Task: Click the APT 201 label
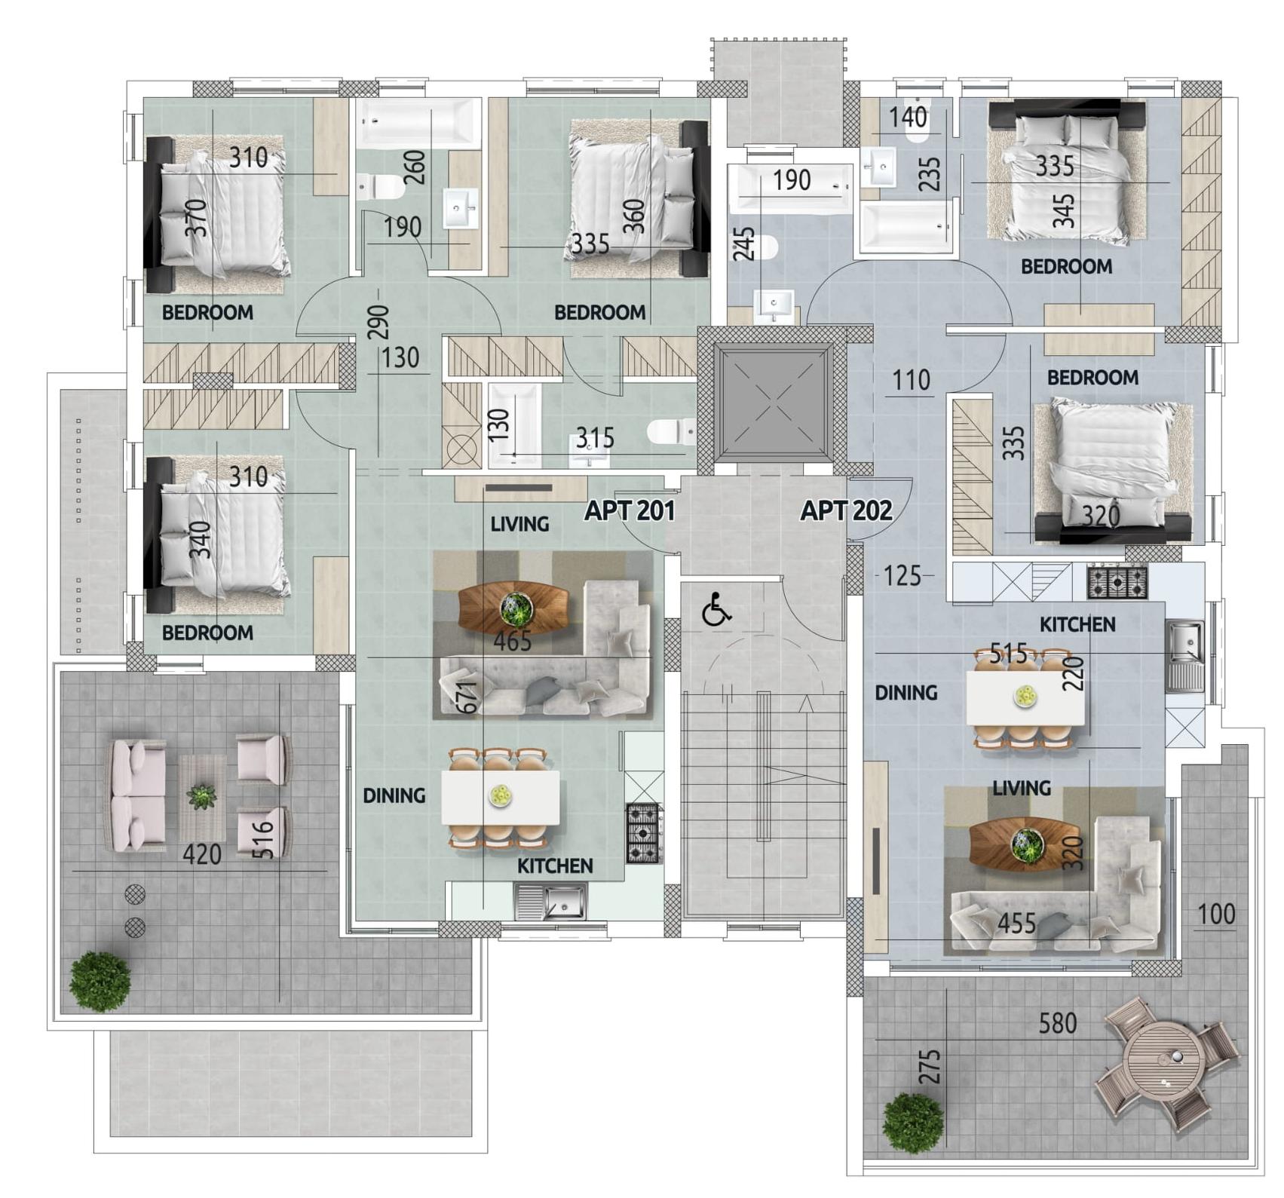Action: [x=630, y=511]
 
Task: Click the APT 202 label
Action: [x=846, y=511]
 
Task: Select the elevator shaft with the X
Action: [x=774, y=403]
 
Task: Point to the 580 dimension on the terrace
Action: [x=1058, y=1023]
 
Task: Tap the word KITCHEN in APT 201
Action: [x=555, y=866]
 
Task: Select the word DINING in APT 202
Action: [x=906, y=692]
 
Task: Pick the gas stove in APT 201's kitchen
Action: [x=644, y=833]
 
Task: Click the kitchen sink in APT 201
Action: [x=550, y=902]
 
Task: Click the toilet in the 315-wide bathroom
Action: [x=671, y=433]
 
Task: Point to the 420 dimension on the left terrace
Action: [x=202, y=855]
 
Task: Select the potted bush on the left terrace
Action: [x=100, y=981]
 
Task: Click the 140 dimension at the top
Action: [x=908, y=118]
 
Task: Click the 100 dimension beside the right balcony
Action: [x=1216, y=915]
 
